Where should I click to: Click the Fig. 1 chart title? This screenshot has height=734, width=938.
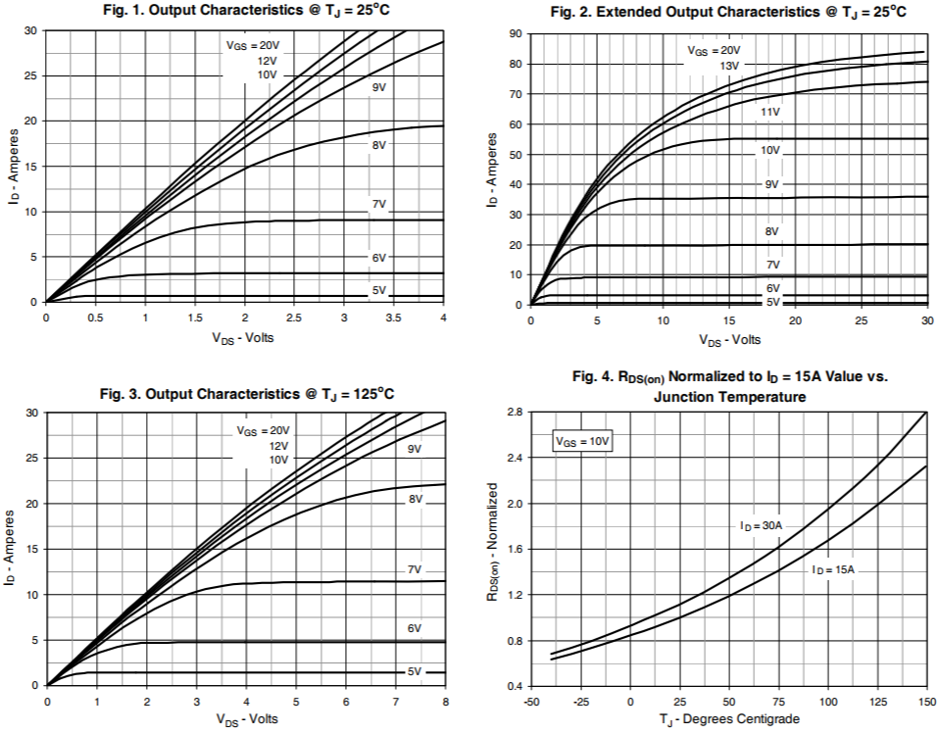(x=244, y=11)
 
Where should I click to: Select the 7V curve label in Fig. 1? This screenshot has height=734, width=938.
(x=378, y=204)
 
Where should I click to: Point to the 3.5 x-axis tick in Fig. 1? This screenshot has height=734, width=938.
(x=393, y=318)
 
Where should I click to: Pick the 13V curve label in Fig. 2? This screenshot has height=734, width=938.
(x=728, y=66)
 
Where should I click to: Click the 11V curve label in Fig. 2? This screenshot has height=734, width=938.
(x=770, y=113)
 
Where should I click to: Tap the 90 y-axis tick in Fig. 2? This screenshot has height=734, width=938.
(x=514, y=34)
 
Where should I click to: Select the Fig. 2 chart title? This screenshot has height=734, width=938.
(x=727, y=12)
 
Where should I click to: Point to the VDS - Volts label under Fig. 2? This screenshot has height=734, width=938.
(x=729, y=340)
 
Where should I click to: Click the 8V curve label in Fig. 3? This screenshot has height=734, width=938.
(x=416, y=500)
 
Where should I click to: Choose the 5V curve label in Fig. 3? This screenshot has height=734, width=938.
(x=415, y=671)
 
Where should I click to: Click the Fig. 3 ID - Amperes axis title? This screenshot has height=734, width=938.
(x=12, y=549)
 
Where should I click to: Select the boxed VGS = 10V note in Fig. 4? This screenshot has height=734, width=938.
(x=582, y=442)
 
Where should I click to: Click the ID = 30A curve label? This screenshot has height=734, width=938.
(x=761, y=526)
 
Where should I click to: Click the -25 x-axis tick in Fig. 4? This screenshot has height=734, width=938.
(x=580, y=702)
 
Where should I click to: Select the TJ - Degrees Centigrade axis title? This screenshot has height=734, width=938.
(x=729, y=719)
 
